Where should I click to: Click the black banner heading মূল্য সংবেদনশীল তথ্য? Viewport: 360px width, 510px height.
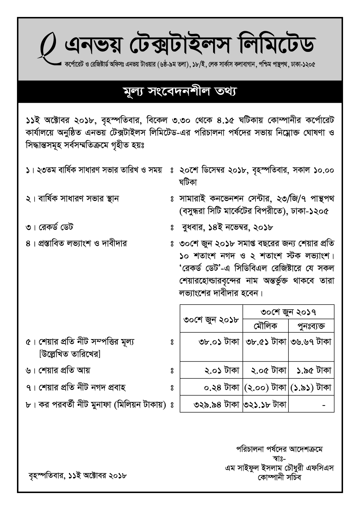(180, 92)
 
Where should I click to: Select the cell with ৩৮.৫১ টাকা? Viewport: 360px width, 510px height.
(266, 341)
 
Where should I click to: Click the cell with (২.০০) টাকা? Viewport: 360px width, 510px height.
(266, 387)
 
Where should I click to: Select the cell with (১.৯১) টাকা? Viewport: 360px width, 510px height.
(311, 387)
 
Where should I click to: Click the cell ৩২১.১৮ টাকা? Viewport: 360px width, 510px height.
(265, 404)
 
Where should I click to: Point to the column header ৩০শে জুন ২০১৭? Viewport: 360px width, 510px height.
(288, 312)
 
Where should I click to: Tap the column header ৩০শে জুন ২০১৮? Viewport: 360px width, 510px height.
(211, 319)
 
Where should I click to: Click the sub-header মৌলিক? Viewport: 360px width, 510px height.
(265, 326)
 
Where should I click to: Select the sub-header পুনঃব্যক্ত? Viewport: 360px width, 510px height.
(311, 326)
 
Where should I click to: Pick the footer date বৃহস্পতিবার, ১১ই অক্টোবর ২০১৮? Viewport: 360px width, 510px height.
(78, 475)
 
